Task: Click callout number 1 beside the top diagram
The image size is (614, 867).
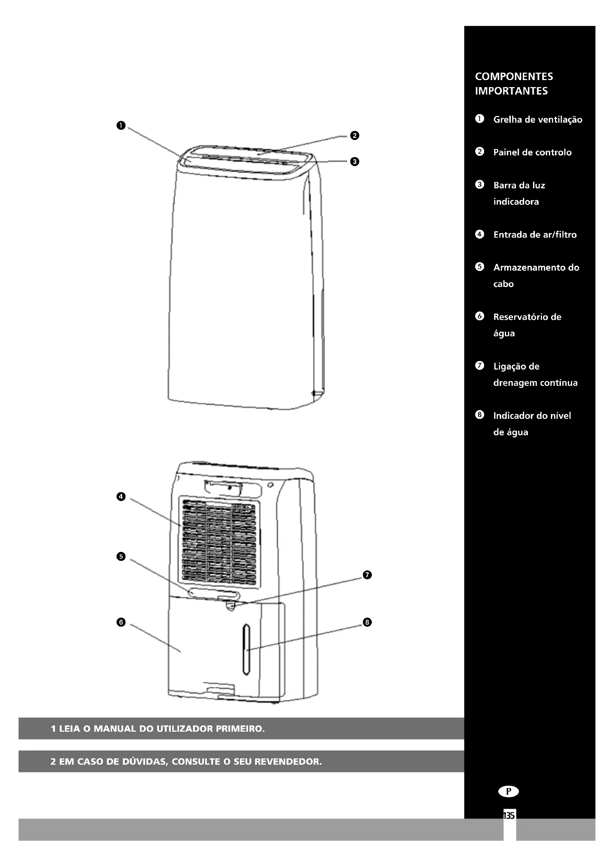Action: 121,125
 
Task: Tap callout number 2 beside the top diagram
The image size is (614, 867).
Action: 354,135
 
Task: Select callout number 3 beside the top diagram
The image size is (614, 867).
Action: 354,162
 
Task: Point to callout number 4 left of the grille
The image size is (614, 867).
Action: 121,496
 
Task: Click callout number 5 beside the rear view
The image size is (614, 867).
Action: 121,556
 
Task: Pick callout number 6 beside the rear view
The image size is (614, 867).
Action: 121,622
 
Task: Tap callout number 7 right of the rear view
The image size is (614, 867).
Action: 367,575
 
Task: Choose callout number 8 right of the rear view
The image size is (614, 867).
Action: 367,622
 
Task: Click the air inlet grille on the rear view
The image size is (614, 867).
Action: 219,542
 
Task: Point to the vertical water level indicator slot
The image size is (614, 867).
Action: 246,649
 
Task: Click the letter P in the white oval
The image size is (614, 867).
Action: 509,791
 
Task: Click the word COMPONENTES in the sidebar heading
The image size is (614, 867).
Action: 514,77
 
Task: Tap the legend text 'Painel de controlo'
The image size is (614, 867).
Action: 532,152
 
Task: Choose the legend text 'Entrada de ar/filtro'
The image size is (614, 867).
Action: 535,235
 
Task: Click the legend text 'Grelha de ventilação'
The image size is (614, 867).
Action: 538,119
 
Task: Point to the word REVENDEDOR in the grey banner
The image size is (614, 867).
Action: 288,761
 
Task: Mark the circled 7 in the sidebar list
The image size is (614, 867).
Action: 479,365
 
